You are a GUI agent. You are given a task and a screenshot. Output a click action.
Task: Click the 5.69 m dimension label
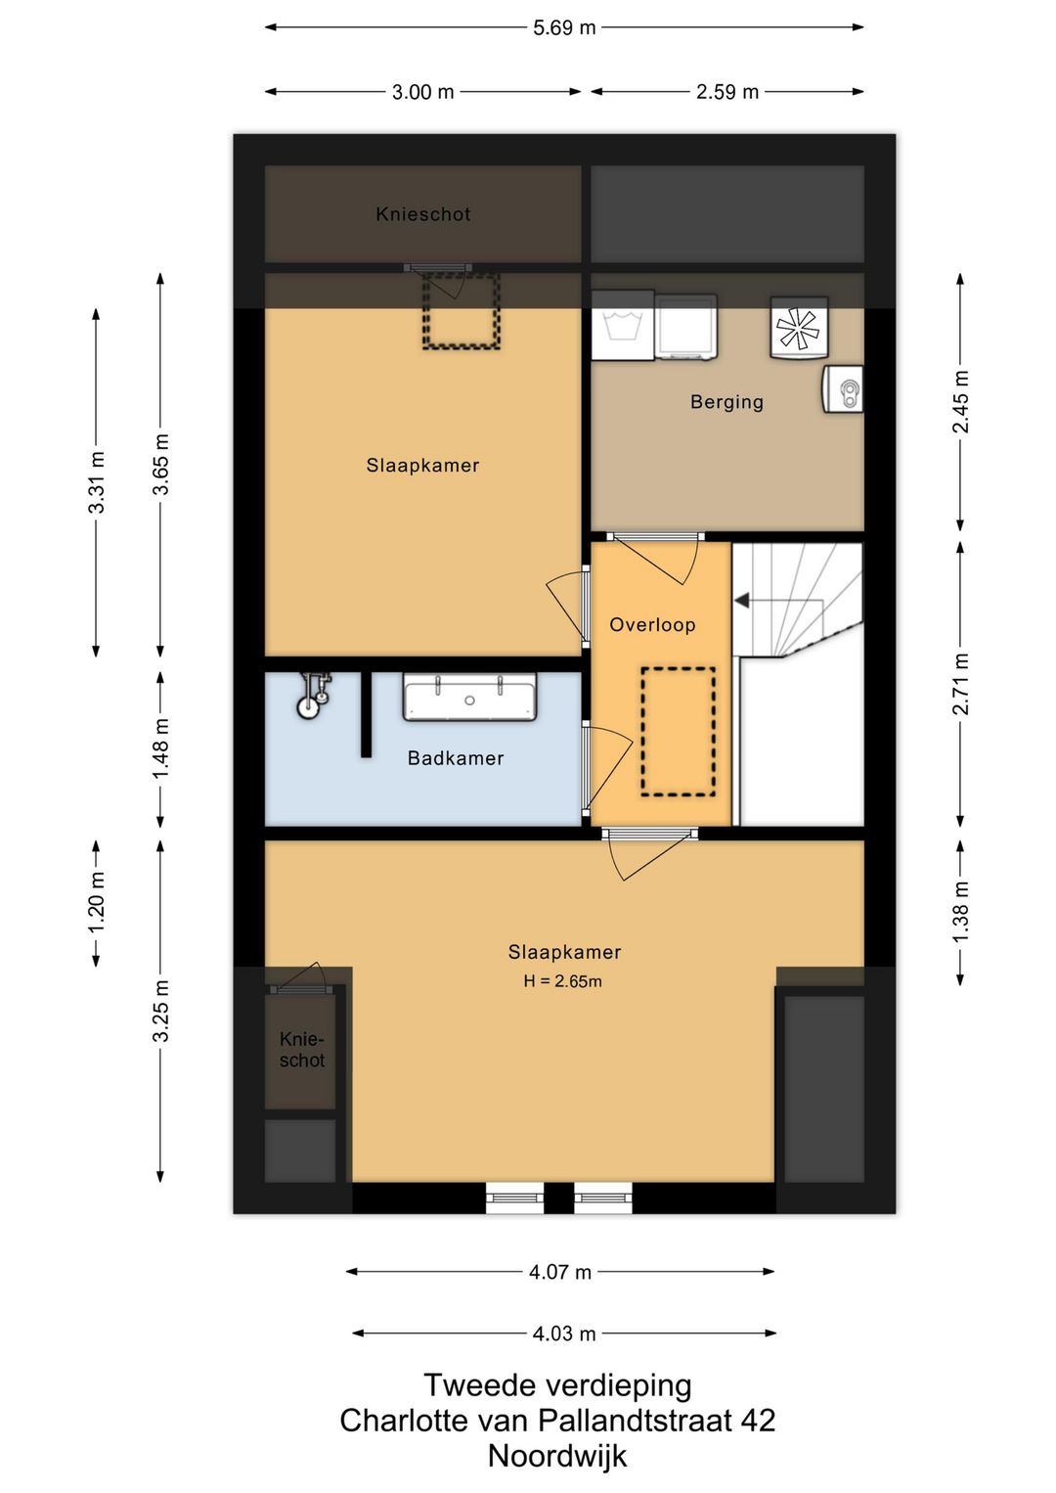[563, 28]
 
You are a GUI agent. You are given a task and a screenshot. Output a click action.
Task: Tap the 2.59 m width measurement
[726, 91]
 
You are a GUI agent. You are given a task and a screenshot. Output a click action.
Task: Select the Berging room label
[726, 402]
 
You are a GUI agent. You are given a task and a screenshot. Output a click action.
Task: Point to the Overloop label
[652, 624]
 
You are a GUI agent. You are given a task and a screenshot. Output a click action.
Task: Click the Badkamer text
[456, 758]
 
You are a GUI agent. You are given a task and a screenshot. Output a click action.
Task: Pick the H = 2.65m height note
[562, 981]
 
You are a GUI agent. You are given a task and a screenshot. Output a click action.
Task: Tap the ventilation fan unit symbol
[799, 328]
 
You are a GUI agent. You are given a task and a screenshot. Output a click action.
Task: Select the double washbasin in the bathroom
[469, 698]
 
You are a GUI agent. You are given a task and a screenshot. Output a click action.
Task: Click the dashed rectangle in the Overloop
[679, 732]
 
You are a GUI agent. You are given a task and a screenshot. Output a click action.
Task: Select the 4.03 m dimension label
[563, 1334]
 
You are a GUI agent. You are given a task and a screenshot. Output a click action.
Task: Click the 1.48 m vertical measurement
[160, 748]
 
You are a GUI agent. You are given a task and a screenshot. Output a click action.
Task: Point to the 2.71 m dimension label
[960, 684]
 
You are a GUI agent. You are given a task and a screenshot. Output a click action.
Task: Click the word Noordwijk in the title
[557, 1457]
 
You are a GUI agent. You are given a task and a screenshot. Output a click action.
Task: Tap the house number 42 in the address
[758, 1421]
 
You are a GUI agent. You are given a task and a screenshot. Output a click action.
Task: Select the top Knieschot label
[423, 214]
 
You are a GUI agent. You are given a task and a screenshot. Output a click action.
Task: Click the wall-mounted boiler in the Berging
[843, 388]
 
